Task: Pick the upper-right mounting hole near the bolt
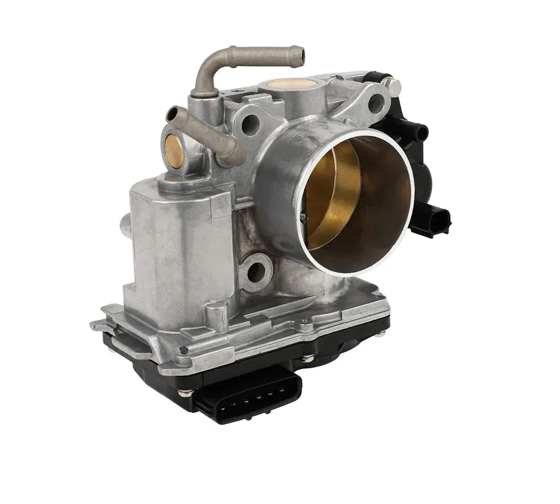pos(376,102)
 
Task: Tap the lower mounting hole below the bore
pos(256,273)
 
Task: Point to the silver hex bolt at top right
pos(395,86)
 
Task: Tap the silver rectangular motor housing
pos(179,252)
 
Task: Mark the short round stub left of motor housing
pos(124,227)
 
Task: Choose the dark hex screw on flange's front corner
pos(184,349)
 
